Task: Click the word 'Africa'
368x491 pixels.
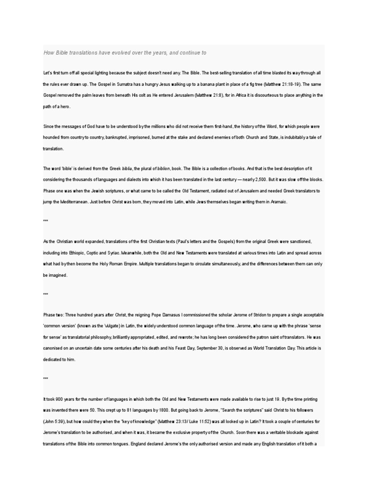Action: (x=218, y=95)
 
